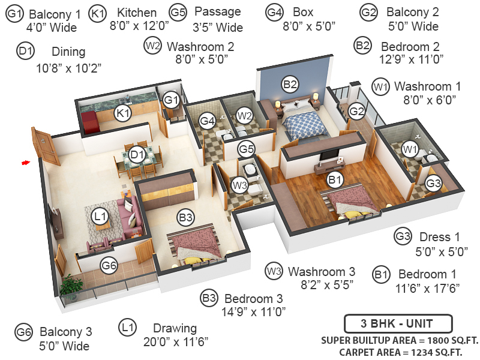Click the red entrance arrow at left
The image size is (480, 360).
tap(25, 162)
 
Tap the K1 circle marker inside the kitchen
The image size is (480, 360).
tap(123, 113)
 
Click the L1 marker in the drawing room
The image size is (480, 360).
tap(100, 215)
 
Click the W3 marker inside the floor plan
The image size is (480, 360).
tap(239, 185)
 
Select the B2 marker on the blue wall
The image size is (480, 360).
tap(290, 85)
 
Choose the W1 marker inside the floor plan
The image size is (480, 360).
tap(410, 148)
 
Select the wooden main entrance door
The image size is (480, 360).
tap(46, 146)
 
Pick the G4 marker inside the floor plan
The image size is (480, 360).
tap(208, 121)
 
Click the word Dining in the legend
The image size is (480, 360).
tap(68, 52)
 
